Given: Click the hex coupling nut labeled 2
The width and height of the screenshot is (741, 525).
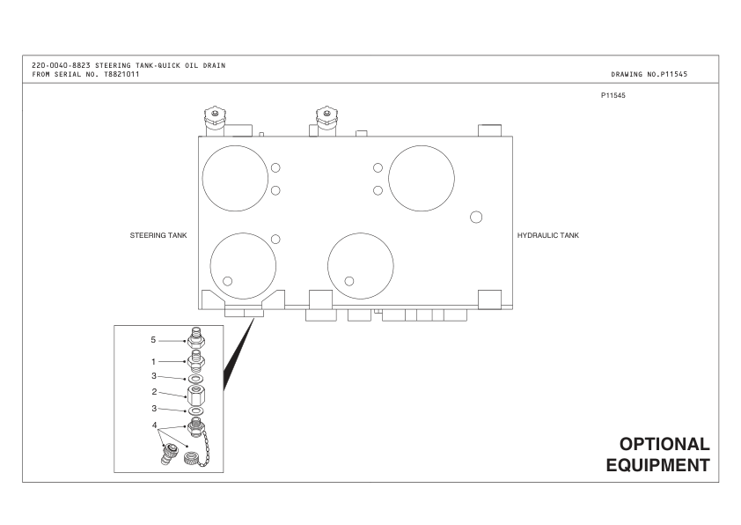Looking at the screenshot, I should pos(196,395).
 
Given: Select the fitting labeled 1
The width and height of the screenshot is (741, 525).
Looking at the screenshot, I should pos(196,360).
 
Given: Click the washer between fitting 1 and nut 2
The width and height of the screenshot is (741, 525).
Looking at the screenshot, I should pos(196,378).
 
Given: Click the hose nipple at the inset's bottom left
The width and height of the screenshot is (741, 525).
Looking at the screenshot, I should pos(165,455).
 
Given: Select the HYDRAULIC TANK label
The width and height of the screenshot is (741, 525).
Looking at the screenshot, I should pos(547,235).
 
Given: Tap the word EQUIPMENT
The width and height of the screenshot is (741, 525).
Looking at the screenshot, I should pos(657,464).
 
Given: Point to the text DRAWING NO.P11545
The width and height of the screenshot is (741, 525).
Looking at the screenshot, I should pos(654,74).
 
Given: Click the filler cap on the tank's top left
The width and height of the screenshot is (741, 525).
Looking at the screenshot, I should pos(212,117).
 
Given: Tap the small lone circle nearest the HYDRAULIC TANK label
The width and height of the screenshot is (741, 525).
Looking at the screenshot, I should pos(476,217).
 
